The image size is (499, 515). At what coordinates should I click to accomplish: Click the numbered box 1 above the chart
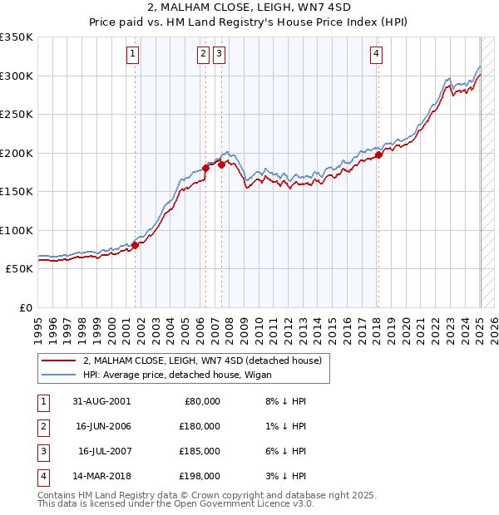[x=133, y=55]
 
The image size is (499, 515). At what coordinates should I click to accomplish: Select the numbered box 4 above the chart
[x=377, y=55]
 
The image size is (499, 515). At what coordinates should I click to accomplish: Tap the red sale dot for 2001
[x=135, y=245]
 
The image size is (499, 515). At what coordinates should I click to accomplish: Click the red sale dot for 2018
[x=378, y=154]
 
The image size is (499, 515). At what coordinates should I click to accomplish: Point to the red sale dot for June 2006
[x=205, y=168]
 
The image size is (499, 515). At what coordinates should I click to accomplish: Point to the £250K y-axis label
[x=17, y=114]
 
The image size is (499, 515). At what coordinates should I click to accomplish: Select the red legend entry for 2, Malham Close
[x=207, y=360]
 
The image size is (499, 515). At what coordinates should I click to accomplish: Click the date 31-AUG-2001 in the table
[x=101, y=401]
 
